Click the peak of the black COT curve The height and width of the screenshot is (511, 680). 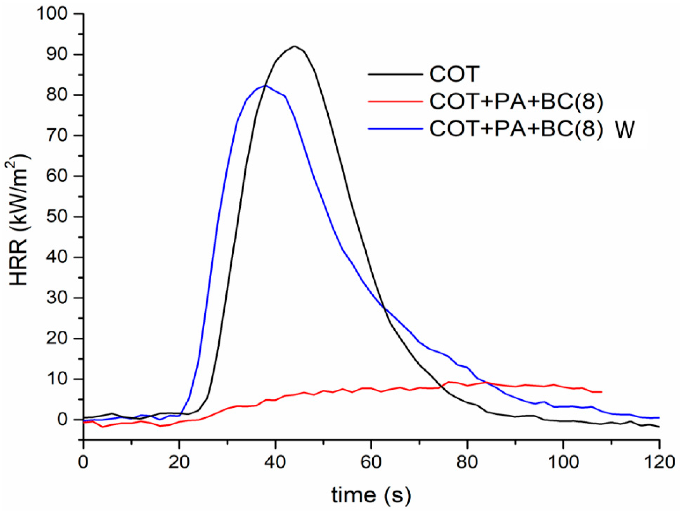tap(294, 46)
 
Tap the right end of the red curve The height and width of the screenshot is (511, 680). tap(601, 392)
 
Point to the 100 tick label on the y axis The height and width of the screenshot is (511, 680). tap(52, 14)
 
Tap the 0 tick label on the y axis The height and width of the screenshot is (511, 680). tap(63, 420)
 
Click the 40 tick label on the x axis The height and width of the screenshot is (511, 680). tap(275, 462)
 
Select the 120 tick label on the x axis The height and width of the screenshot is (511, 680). tap(659, 462)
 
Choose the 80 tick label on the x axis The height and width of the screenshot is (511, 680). tap(467, 462)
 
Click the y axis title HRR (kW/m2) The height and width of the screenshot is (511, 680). tap(18, 220)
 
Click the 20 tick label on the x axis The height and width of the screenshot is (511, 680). tap(179, 462)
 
